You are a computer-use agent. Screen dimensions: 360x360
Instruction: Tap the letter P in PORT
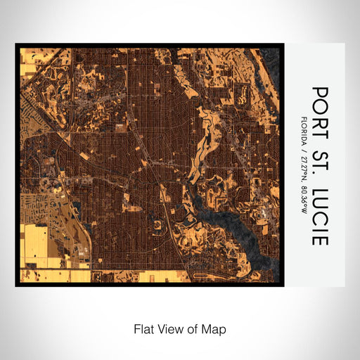(x=320, y=92)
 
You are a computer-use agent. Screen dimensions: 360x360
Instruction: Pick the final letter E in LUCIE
(x=320, y=239)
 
